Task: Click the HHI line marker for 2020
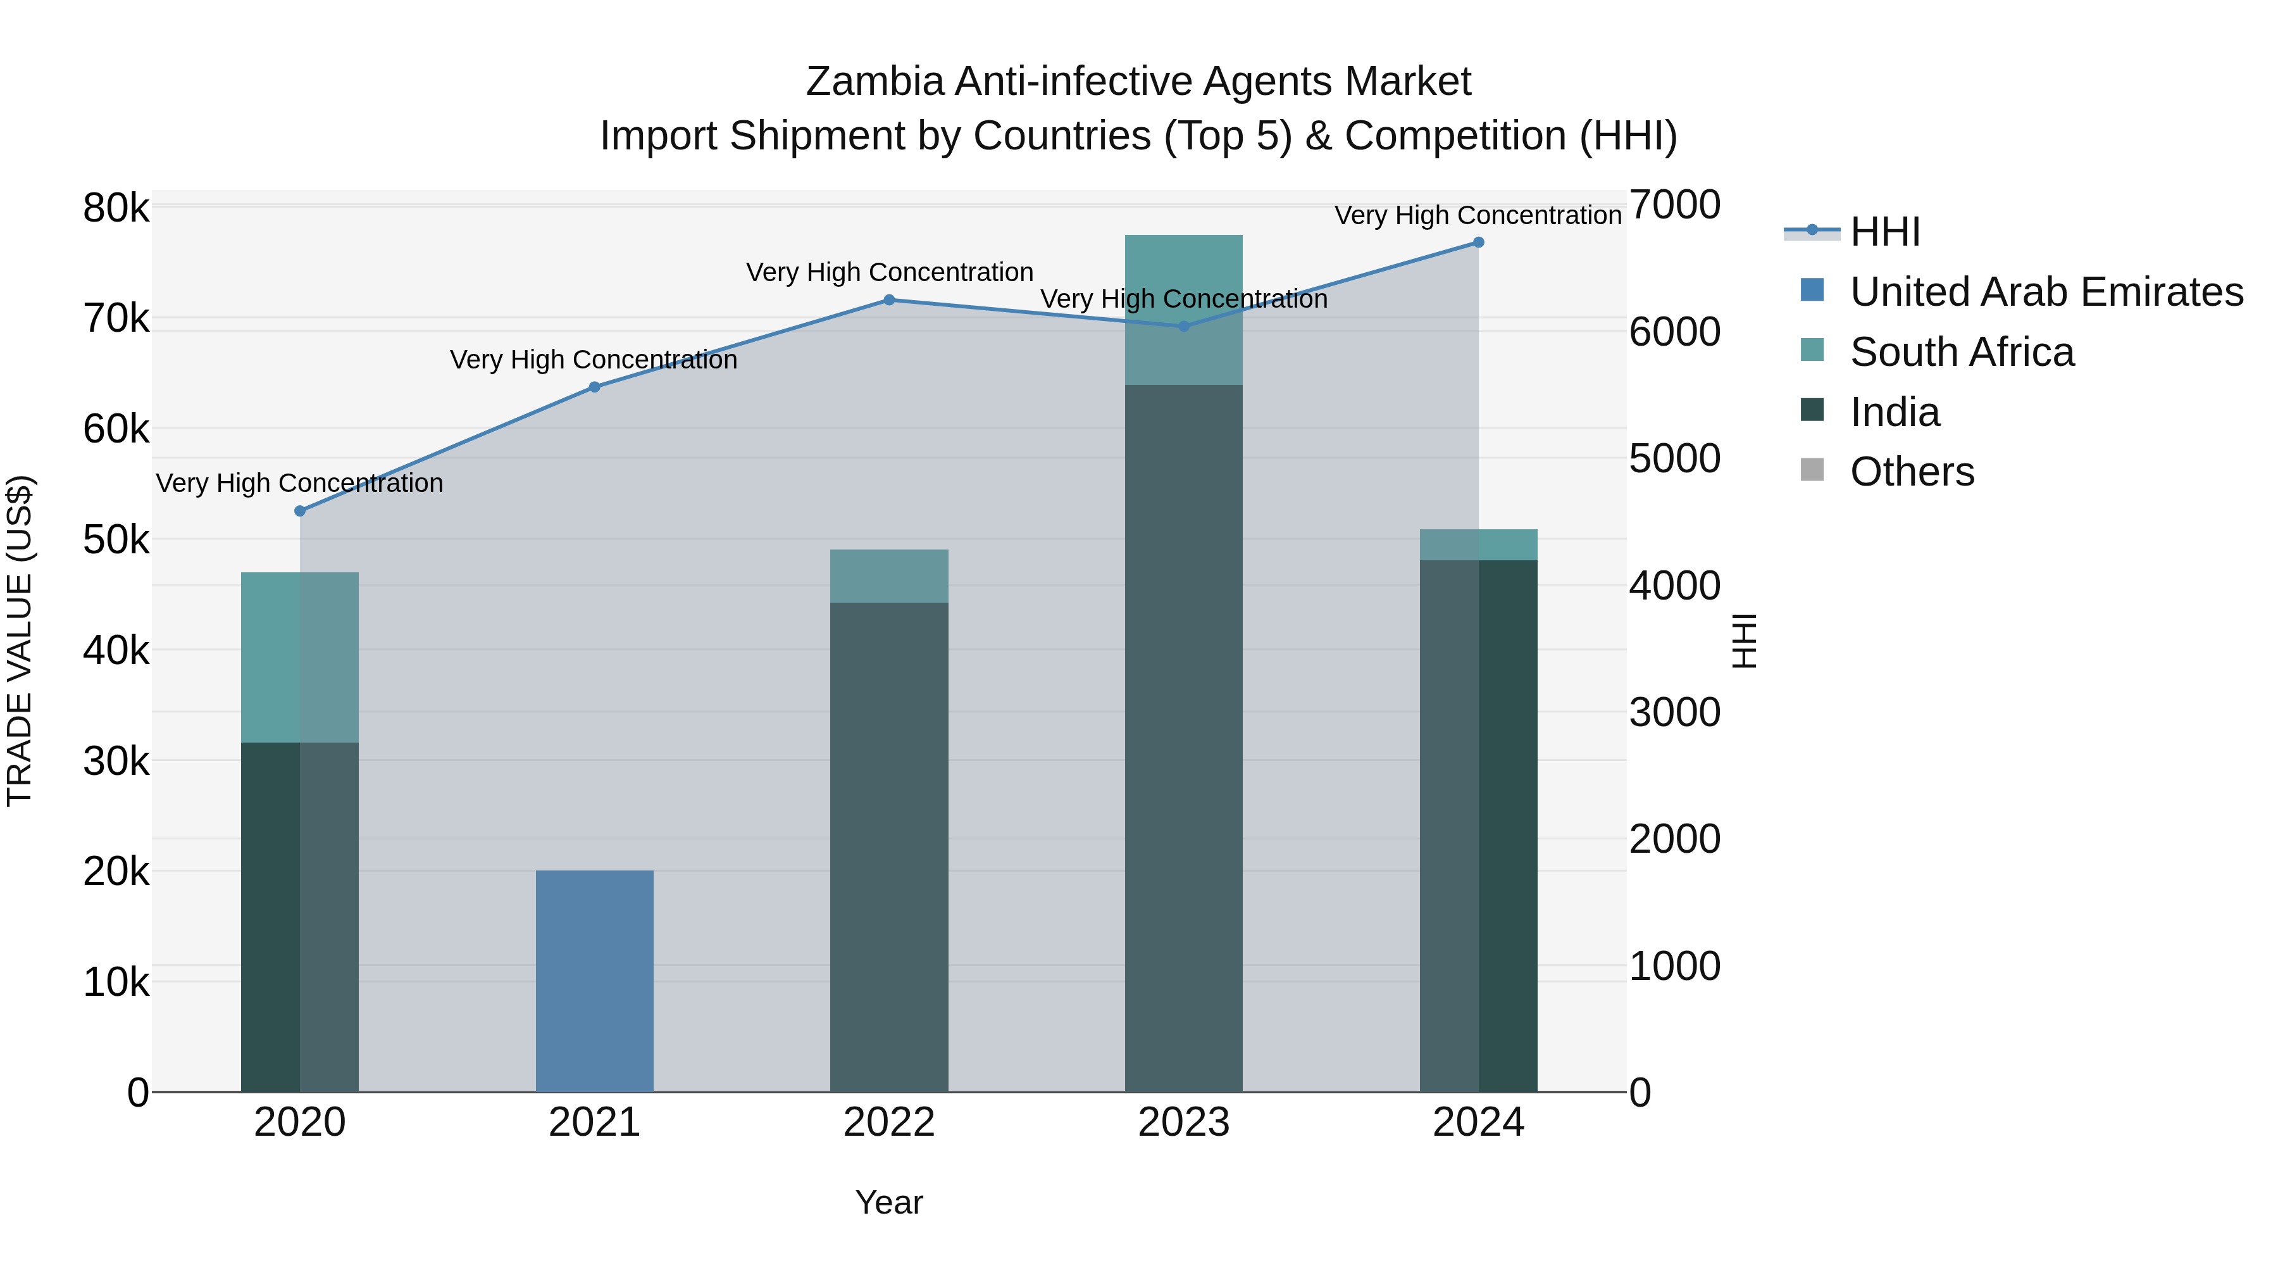click(x=300, y=510)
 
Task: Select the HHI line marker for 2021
click(x=594, y=387)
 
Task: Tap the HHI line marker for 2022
click(x=889, y=300)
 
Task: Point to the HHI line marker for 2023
click(x=1184, y=325)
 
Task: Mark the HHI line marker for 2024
click(x=1479, y=242)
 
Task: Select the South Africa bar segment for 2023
click(x=1184, y=310)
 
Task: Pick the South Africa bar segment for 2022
click(x=889, y=576)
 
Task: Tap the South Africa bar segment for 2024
click(x=1479, y=545)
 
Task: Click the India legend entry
click(x=1894, y=412)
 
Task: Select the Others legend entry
click(x=1912, y=472)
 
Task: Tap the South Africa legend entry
click(x=1962, y=352)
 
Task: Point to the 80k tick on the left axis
click(x=116, y=209)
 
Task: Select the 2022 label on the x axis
click(x=889, y=1122)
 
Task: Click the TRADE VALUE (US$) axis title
click(x=20, y=641)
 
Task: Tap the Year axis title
click(x=889, y=1202)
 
